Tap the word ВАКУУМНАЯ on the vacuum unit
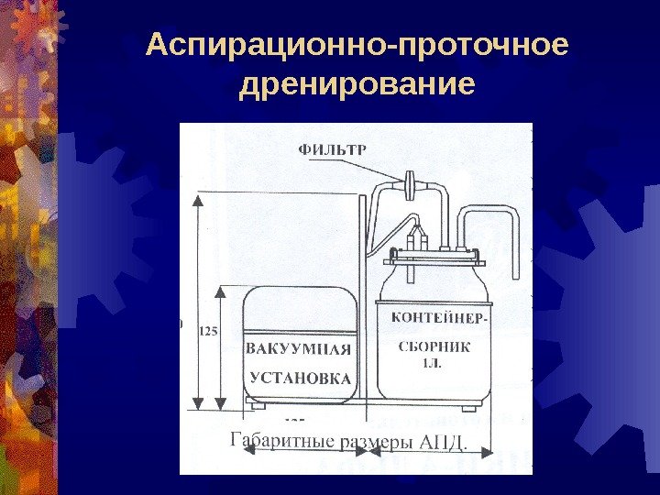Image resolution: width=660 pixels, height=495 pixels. click(x=298, y=348)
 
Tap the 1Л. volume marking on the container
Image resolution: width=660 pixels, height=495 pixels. click(x=431, y=363)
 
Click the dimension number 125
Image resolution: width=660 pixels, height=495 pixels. click(x=207, y=333)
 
